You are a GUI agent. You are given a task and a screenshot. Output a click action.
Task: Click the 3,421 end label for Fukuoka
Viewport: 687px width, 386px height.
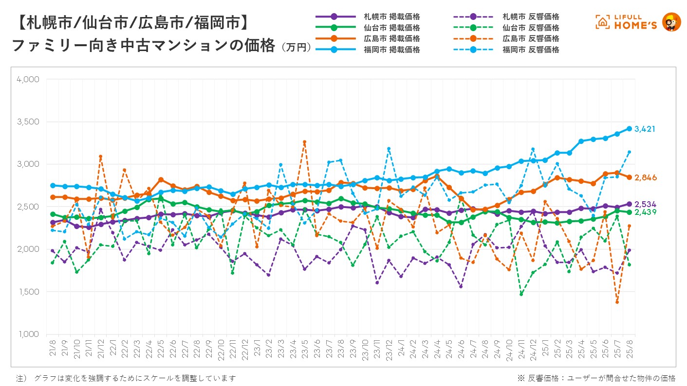pos(645,129)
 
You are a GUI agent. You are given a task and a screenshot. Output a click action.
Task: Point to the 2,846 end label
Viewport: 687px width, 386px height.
pos(646,178)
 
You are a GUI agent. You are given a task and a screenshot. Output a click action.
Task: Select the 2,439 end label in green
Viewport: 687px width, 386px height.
pos(645,212)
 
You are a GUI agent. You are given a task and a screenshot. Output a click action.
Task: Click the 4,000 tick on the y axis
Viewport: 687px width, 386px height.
pos(28,79)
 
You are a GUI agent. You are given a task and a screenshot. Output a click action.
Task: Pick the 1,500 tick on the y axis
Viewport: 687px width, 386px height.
pos(28,292)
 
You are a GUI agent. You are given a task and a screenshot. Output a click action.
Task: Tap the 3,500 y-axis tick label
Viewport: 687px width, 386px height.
pos(28,122)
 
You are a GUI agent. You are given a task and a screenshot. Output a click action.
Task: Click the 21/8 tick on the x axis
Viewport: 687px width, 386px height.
pos(52,348)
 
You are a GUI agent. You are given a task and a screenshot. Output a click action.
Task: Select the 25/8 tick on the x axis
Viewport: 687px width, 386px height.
pos(629,348)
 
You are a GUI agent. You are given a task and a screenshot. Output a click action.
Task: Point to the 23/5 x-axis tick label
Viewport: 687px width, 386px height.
pos(304,348)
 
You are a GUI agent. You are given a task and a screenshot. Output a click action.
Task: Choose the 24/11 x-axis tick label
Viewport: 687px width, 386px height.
pos(521,348)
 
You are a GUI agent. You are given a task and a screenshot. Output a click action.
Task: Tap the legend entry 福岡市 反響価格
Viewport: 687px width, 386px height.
pos(531,50)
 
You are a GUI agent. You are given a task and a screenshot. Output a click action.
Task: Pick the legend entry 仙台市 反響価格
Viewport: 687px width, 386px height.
pos(531,28)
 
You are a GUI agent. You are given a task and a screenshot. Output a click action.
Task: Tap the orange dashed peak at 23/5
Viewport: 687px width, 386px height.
pos(305,142)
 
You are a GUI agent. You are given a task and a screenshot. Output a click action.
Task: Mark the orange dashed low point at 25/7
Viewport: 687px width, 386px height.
pos(617,302)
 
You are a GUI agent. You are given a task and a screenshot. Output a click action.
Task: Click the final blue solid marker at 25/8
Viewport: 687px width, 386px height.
pos(629,129)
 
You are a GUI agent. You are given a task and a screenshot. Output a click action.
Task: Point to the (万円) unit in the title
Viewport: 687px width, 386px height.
pos(296,48)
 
